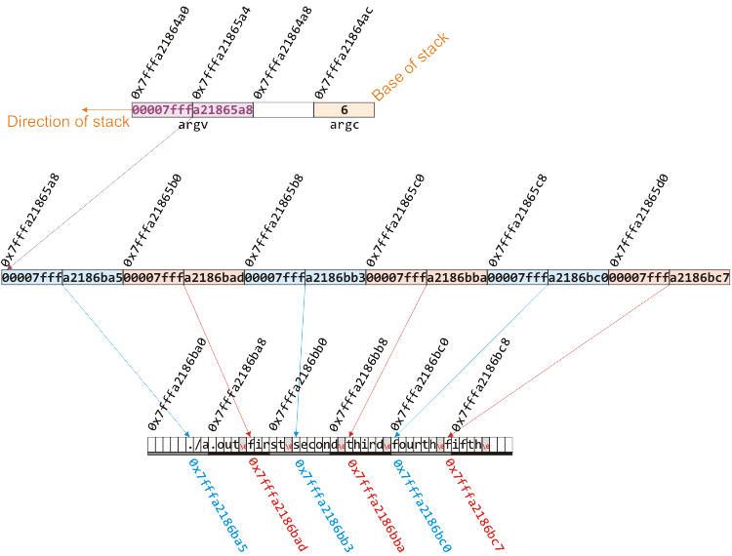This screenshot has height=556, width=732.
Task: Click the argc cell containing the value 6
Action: [344, 110]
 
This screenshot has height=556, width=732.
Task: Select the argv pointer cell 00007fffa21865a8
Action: [192, 110]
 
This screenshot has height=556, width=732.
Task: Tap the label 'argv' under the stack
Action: [192, 125]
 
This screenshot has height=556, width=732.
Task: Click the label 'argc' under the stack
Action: [344, 125]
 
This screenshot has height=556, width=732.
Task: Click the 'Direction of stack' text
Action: [68, 122]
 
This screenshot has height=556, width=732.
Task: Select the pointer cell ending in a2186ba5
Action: [61, 278]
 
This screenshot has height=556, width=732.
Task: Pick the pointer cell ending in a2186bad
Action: [183, 278]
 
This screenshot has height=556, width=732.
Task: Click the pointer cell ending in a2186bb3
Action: [305, 278]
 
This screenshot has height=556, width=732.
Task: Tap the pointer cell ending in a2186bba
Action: [427, 278]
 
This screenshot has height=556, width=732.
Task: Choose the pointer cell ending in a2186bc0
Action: [548, 278]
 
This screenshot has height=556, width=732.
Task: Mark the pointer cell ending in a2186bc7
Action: [670, 278]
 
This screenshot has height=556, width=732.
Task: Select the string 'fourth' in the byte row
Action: [418, 446]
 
